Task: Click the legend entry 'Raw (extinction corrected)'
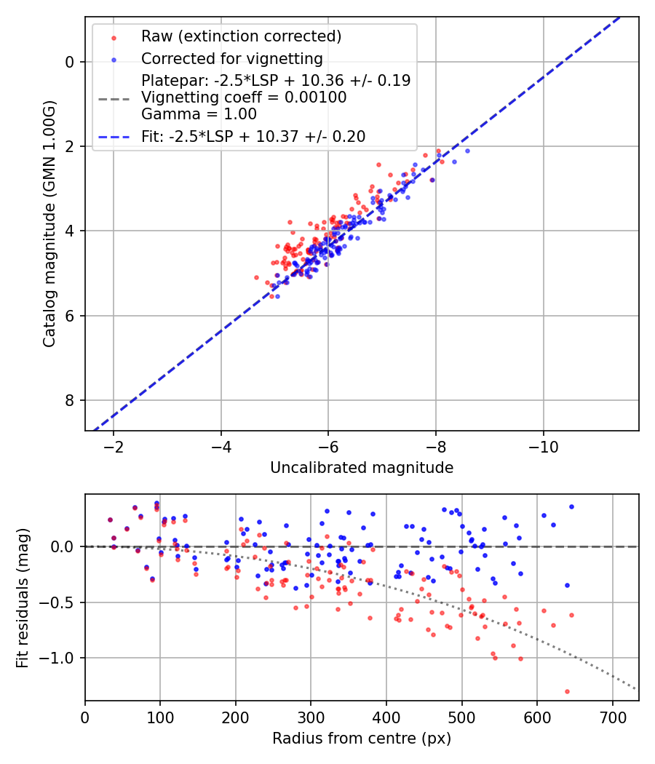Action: click(241, 36)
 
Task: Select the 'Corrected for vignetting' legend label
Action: click(231, 58)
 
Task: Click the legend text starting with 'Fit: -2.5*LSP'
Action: click(253, 136)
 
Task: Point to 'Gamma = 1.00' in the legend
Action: click(199, 114)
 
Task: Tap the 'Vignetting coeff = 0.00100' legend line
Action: click(244, 97)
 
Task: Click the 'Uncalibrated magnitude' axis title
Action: click(362, 468)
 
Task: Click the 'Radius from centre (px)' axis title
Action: click(362, 739)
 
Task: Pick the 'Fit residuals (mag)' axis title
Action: click(23, 597)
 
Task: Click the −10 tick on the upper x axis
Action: click(543, 445)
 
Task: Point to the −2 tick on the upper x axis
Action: click(113, 445)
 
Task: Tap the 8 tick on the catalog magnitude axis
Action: click(70, 400)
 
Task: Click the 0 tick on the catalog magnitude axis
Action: click(70, 62)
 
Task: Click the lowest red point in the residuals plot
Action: click(567, 691)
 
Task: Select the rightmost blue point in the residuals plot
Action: click(571, 506)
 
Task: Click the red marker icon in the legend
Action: click(114, 36)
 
